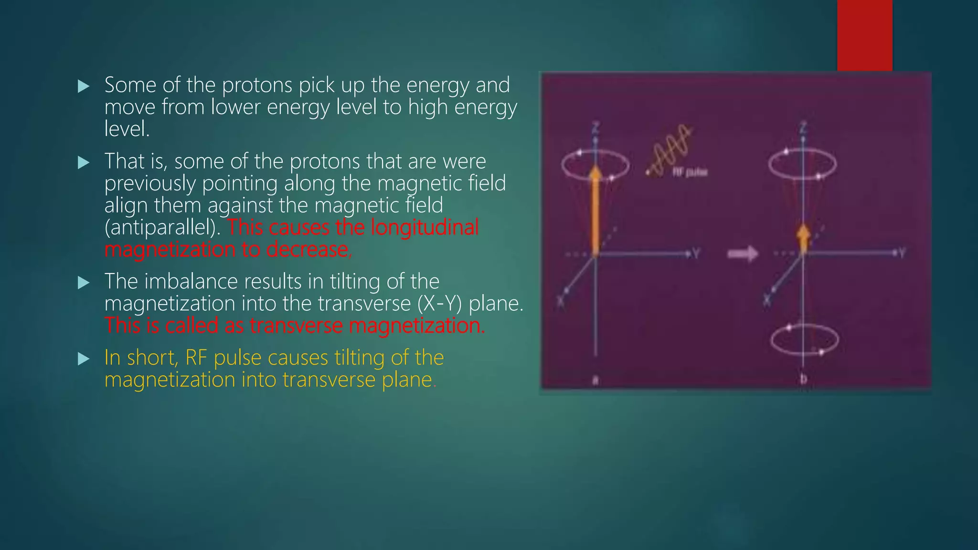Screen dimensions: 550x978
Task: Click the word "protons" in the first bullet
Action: (257, 86)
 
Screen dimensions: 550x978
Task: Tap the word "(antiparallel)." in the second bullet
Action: (162, 228)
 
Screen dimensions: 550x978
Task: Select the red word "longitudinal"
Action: (425, 227)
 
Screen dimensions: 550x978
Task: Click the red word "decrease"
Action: (307, 249)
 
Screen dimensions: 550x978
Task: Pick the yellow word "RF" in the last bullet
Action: (196, 358)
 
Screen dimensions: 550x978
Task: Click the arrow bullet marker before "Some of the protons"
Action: (84, 86)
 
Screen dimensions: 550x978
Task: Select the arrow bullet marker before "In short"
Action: (84, 359)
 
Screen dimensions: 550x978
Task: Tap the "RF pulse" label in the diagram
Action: (690, 172)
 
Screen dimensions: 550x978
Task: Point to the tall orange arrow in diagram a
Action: (595, 210)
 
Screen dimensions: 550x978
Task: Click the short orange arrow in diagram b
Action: (803, 238)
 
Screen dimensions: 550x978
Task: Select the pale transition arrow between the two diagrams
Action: (743, 254)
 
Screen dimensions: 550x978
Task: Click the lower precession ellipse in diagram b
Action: (805, 340)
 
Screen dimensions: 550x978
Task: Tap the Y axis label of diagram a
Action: (696, 254)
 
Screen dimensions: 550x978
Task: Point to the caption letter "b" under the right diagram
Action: (803, 379)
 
